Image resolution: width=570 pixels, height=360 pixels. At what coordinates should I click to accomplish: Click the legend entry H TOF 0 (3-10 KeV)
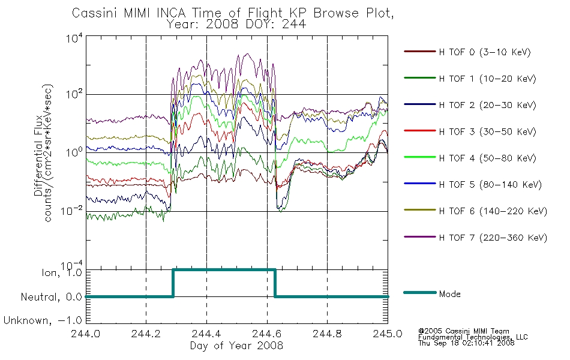pos(485,52)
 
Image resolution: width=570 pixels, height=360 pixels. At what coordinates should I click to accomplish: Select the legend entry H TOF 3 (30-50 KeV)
pos(487,131)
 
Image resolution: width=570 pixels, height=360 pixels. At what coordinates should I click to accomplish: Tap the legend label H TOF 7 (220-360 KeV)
pos(493,238)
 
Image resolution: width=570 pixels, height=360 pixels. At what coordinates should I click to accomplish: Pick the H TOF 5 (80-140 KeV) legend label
pos(490,185)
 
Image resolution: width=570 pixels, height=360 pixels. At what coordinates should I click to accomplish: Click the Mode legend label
pos(449,294)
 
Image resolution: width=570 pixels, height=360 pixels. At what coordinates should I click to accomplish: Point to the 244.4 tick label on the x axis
pos(206,334)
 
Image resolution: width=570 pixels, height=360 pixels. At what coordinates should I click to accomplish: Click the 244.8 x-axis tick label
pos(327,334)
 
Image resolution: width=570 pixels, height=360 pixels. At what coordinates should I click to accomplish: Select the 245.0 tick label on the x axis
pos(388,334)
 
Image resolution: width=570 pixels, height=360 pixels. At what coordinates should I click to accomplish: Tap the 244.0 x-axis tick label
pos(86,334)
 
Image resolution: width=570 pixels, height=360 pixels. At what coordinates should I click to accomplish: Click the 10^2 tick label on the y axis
pos(74,94)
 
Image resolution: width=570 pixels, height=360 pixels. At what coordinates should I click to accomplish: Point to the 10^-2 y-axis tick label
pos(71,211)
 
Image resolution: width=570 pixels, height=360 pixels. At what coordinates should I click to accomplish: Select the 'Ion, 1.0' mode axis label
pos(61,272)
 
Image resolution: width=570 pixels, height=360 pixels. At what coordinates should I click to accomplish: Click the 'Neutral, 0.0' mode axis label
pos(51,297)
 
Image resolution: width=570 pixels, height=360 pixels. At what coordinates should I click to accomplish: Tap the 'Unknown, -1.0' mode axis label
pos(43,320)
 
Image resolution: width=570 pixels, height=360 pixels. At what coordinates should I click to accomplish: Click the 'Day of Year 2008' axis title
pos(236,346)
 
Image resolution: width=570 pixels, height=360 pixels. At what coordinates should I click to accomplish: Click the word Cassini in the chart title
pos(95,13)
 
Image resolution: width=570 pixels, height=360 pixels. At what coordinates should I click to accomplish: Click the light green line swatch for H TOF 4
pos(420,157)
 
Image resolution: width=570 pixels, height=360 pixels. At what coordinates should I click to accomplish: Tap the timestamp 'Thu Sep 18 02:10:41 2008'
pos(466,343)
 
